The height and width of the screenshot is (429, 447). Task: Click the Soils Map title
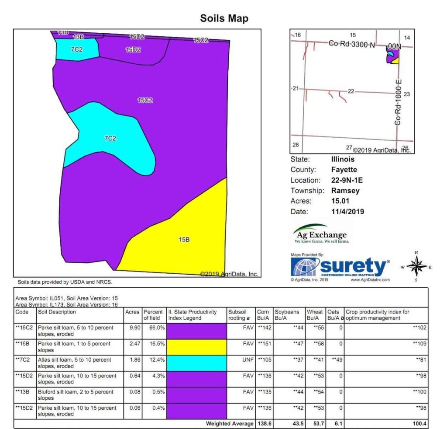224,18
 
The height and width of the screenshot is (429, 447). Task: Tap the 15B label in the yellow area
184,240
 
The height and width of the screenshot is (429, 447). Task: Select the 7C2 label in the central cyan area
110,139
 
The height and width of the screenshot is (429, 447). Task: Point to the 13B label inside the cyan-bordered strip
79,37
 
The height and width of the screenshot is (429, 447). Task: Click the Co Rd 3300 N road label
351,45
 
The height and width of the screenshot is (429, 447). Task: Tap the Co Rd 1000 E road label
398,102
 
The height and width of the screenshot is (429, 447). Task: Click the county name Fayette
344,170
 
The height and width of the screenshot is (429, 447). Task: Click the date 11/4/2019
347,212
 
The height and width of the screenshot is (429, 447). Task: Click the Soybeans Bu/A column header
287,315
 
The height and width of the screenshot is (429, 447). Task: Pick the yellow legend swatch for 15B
196,347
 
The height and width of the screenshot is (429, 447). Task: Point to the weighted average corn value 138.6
264,423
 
